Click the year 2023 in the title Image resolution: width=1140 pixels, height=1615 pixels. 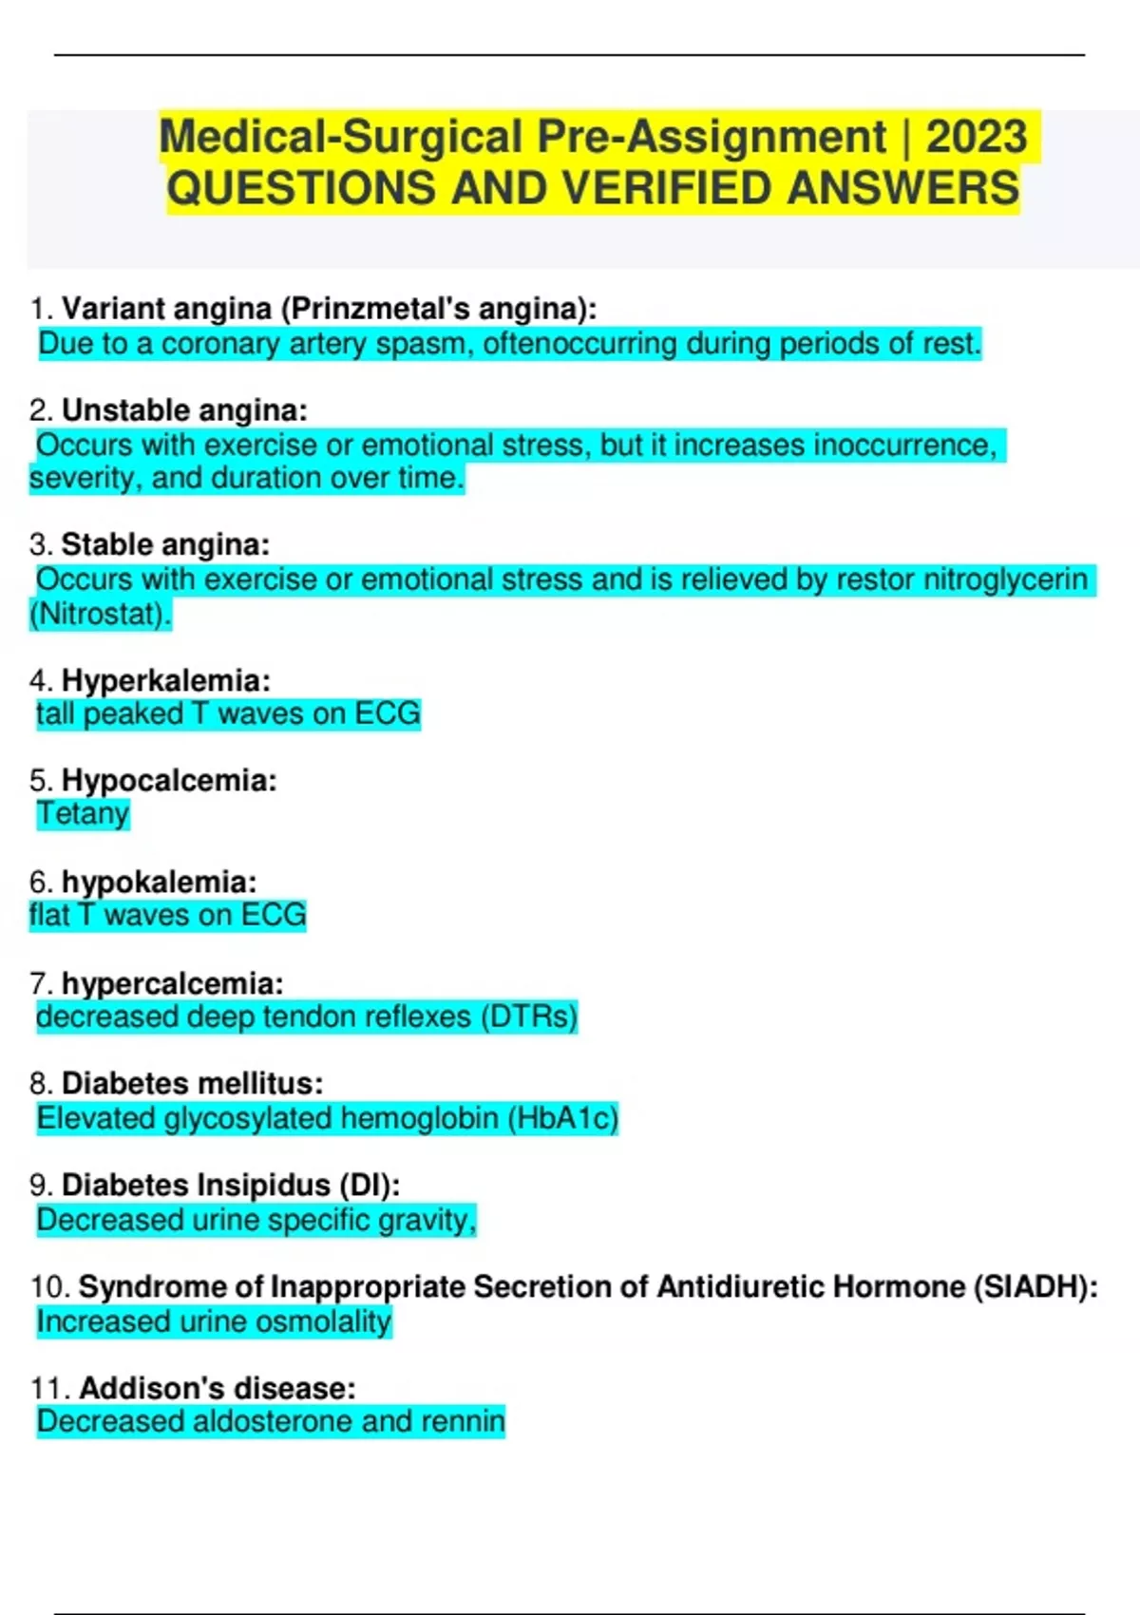pos(976,137)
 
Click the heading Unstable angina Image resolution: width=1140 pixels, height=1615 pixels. pos(184,410)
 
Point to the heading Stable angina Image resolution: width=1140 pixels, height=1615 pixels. pos(165,545)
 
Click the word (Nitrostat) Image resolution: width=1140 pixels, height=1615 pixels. pos(101,615)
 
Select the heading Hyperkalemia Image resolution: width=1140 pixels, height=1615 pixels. pos(165,681)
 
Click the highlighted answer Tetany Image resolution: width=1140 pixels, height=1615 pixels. pos(83,814)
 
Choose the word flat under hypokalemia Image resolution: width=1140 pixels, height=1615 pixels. pos(49,916)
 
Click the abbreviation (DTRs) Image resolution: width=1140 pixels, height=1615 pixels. pos(529,1017)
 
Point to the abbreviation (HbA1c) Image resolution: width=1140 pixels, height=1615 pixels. pos(562,1119)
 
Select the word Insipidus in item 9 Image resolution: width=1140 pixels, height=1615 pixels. pos(263,1186)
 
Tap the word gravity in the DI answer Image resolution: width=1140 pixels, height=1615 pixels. pos(426,1221)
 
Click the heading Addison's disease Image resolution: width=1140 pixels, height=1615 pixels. pos(217,1389)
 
